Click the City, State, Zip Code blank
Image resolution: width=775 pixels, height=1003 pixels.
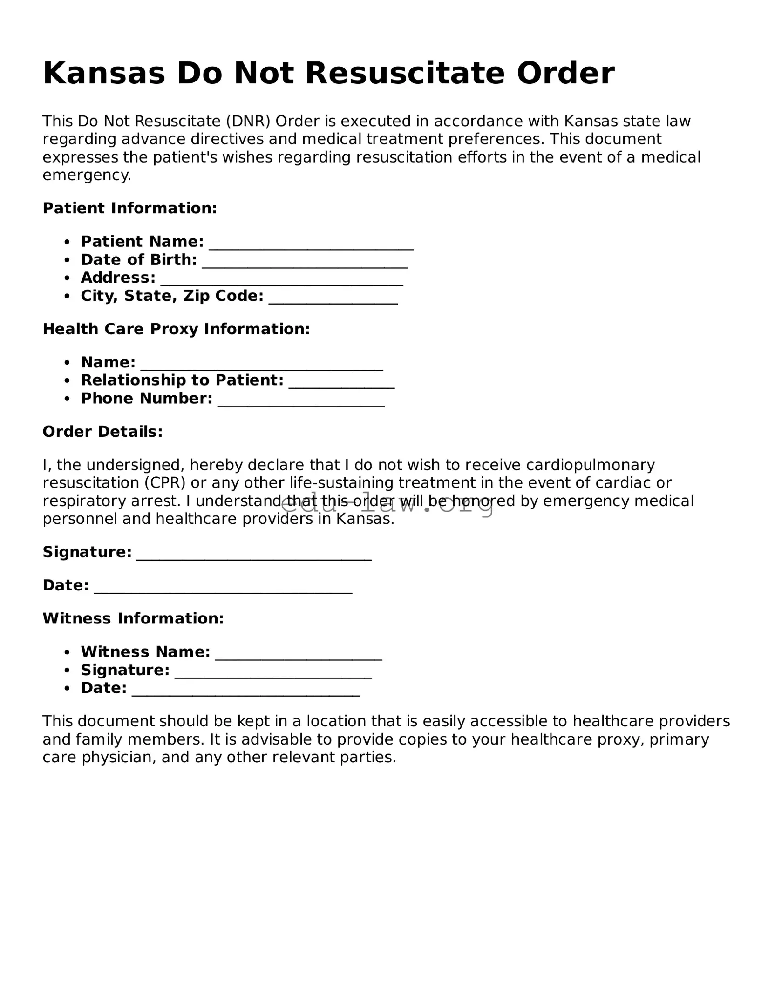pyautogui.click(x=333, y=298)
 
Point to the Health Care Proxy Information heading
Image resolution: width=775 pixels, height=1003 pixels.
pyautogui.click(x=176, y=329)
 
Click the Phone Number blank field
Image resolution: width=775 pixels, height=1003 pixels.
pyautogui.click(x=301, y=401)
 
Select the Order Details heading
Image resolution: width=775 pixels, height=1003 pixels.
pyautogui.click(x=102, y=432)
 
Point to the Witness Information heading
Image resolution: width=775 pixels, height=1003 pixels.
pyautogui.click(x=133, y=618)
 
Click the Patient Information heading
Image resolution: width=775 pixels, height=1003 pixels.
pyautogui.click(x=130, y=208)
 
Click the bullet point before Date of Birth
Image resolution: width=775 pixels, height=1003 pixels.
pyautogui.click(x=68, y=260)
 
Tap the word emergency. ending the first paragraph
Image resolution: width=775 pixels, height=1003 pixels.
pyautogui.click(x=87, y=176)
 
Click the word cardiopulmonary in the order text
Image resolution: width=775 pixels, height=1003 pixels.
pyautogui.click(x=590, y=465)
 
